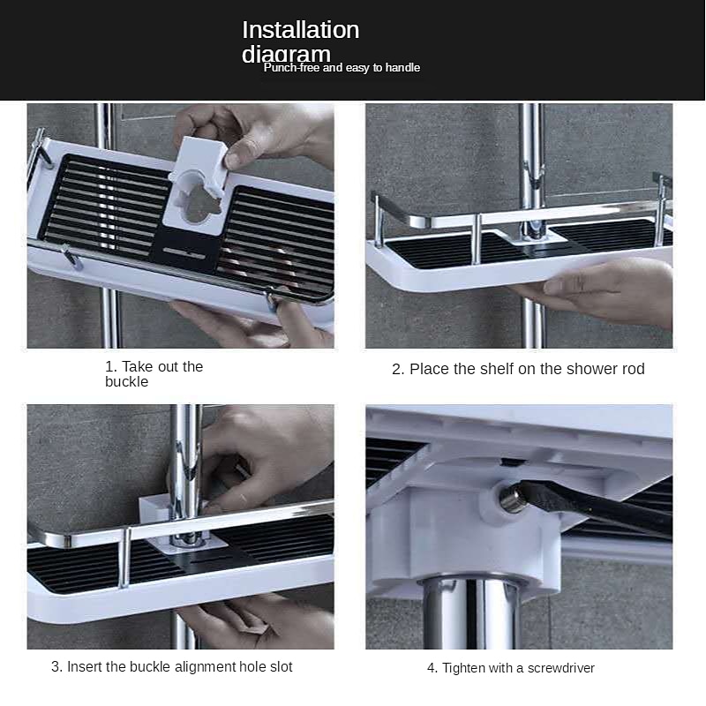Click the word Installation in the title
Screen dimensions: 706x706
tap(300, 30)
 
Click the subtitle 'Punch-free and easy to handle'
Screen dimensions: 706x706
tap(342, 68)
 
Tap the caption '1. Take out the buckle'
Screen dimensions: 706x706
tap(154, 374)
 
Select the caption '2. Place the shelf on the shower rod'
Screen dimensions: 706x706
tap(518, 369)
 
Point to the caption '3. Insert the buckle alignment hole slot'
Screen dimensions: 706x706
tap(172, 666)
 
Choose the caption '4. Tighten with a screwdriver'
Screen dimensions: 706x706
tap(511, 668)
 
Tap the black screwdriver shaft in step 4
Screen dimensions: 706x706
tap(600, 509)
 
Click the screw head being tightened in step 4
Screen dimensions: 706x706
tap(511, 499)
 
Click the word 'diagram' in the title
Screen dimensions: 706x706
tap(286, 55)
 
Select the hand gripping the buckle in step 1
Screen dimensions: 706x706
tap(265, 132)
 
